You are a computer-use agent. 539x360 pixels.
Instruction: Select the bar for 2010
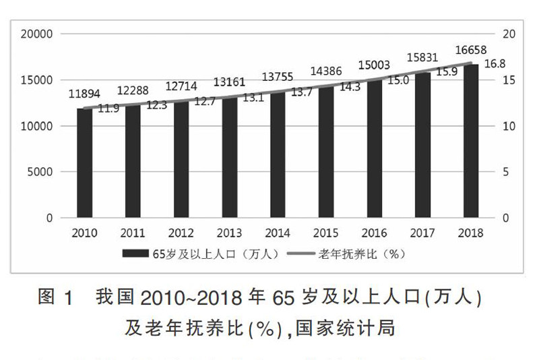[84, 163]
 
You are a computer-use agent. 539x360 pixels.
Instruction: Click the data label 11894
[84, 94]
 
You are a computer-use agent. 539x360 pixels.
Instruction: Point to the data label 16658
[470, 51]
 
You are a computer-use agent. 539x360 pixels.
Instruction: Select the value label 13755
[278, 77]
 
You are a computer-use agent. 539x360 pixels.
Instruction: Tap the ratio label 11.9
[108, 108]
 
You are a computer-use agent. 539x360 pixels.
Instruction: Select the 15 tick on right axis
[509, 80]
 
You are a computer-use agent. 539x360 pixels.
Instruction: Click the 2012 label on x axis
[181, 233]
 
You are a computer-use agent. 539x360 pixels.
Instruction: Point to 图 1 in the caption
[55, 297]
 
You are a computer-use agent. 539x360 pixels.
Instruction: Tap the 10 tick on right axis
[509, 126]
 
